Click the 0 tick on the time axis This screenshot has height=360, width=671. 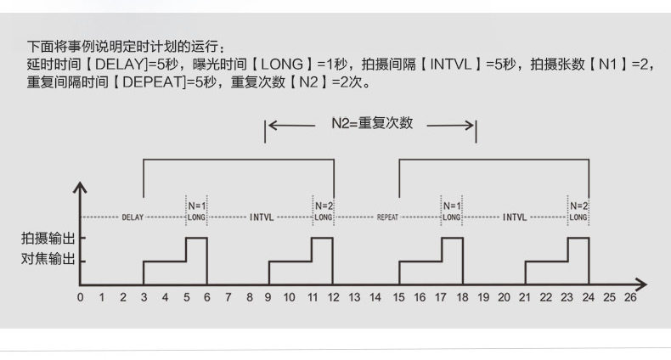[x=80, y=298]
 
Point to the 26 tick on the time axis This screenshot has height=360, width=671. [x=629, y=298]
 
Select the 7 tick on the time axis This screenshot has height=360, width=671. [x=228, y=298]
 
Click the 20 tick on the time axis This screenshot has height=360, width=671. [x=503, y=298]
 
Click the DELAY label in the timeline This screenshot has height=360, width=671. [x=133, y=217]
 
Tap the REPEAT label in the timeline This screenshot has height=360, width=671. [x=387, y=217]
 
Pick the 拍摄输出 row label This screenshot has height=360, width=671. [x=48, y=239]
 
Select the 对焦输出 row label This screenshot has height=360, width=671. [x=48, y=258]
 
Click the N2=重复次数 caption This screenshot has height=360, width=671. [x=371, y=123]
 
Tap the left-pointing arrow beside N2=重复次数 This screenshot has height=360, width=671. [x=292, y=125]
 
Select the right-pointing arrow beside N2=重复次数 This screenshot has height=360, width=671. [x=450, y=125]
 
